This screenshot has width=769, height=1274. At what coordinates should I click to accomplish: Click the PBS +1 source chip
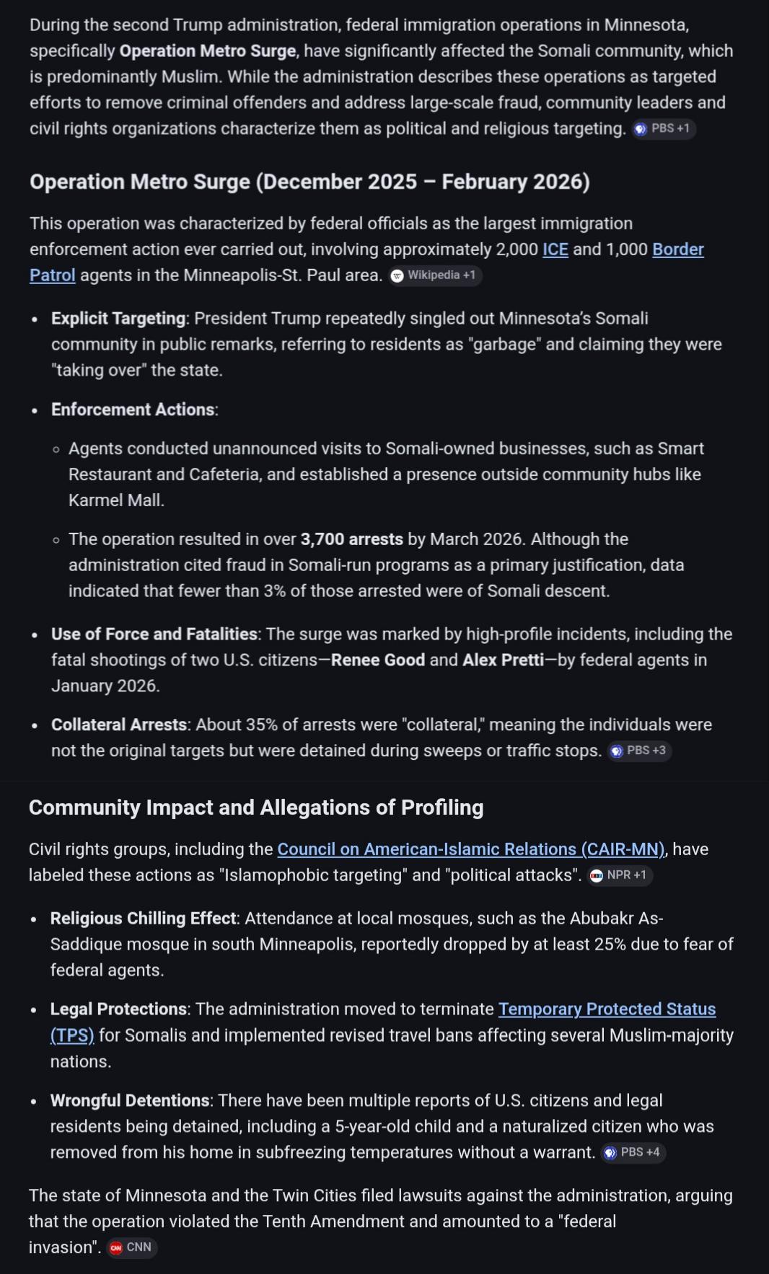(664, 129)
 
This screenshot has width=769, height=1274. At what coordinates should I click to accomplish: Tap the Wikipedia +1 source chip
(435, 275)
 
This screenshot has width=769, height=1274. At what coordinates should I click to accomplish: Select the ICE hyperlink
(555, 249)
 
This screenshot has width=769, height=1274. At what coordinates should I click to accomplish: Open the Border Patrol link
(677, 249)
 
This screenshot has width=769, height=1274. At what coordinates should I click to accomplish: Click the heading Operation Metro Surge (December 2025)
(309, 182)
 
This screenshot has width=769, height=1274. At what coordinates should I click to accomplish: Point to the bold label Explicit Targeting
(118, 319)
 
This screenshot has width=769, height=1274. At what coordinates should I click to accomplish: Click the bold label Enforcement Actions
(133, 410)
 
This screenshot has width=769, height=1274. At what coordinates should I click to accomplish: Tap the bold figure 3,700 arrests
(351, 539)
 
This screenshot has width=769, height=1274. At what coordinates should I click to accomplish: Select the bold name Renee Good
(377, 660)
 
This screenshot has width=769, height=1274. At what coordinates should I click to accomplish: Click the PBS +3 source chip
(639, 751)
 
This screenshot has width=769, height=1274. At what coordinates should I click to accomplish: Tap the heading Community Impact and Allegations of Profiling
(256, 808)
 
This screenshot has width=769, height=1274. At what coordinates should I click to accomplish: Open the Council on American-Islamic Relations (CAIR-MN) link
(471, 849)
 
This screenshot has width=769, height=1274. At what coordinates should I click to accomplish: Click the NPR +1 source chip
(620, 875)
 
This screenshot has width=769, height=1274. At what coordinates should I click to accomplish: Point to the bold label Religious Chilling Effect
(144, 919)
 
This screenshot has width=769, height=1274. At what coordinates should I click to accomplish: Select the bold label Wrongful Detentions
(130, 1101)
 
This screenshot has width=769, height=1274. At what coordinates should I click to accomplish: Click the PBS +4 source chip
(633, 1153)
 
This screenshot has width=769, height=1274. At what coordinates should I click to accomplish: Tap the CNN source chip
(131, 1248)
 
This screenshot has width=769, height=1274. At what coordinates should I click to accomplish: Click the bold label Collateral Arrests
(119, 725)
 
